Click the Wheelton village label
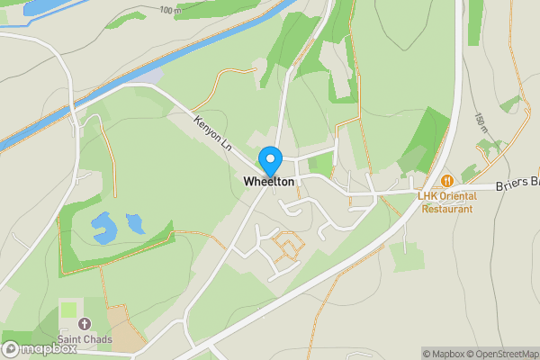[x=268, y=182]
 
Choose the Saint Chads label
[x=85, y=339]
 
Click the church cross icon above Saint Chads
[x=85, y=323]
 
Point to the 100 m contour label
[x=168, y=10]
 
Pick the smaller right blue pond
[x=136, y=221]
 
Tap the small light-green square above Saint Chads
[x=69, y=310]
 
